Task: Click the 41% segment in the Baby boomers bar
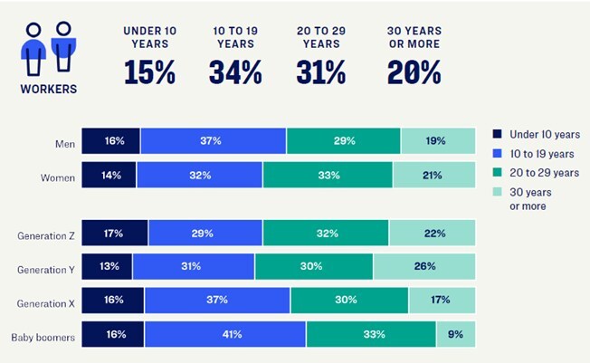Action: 225,334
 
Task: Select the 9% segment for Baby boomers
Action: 456,334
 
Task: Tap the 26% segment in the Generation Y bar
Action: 424,267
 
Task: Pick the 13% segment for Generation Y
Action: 107,267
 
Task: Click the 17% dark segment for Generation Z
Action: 115,233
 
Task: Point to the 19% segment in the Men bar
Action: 438,141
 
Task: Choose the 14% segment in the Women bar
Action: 109,175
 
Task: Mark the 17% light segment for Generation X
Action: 442,301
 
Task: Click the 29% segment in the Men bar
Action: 343,141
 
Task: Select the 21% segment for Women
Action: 434,175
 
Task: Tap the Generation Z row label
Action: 46,236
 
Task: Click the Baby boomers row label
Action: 43,338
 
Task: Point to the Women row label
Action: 58,177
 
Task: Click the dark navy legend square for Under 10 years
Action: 497,134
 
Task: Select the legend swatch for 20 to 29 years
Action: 497,172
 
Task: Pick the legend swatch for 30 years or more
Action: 497,192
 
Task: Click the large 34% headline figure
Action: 235,72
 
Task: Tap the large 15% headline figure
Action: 149,72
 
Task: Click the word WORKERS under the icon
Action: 49,90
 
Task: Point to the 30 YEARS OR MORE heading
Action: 414,37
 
